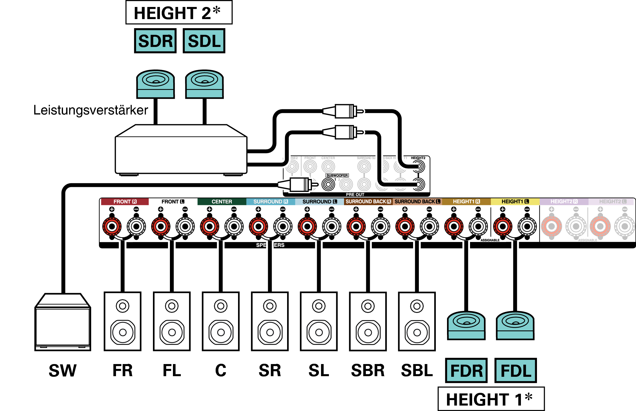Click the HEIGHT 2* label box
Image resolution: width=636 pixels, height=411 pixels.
point(179,13)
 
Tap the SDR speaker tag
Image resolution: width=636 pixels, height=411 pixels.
point(155,41)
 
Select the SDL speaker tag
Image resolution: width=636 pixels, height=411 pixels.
point(204,41)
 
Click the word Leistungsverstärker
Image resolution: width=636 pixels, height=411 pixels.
point(91,110)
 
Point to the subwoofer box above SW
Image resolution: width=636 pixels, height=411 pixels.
point(63,323)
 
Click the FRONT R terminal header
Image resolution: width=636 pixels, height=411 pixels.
point(125,202)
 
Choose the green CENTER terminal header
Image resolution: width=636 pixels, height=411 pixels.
point(222,202)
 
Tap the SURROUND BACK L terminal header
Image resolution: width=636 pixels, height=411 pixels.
point(417,202)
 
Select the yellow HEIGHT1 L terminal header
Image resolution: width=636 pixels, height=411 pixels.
point(515,202)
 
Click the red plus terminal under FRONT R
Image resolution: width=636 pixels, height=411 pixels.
point(112,226)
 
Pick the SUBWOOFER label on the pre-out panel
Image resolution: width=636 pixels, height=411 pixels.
point(337,175)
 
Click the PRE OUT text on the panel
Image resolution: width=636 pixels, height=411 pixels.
point(355,194)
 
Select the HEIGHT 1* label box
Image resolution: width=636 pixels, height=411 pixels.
point(491,399)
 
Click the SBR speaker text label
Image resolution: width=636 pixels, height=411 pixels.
point(368,370)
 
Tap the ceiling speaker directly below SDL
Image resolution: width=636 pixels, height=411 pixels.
point(204,84)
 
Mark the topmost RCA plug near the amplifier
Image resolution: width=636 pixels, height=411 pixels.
point(344,111)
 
